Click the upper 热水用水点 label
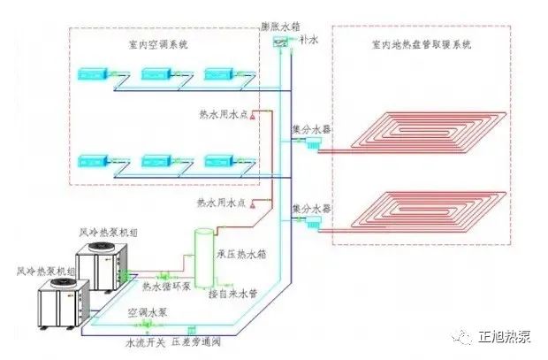coord(224,114)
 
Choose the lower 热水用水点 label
coord(224,203)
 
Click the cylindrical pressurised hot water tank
coord(205,257)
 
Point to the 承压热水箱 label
coord(240,253)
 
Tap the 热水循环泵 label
coord(166,287)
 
